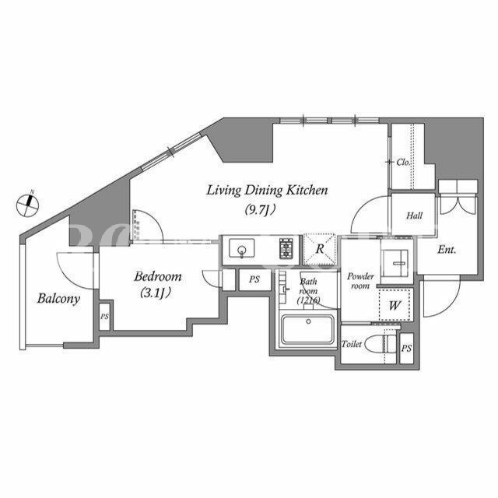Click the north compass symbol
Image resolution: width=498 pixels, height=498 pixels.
(28, 205)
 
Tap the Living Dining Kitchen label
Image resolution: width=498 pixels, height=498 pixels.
(267, 190)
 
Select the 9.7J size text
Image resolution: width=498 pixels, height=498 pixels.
(260, 209)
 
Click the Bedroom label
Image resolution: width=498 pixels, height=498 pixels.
(158, 276)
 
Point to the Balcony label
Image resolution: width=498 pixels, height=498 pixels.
(58, 299)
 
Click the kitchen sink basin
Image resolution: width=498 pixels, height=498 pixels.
(242, 248)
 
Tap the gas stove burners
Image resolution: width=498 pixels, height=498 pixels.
(286, 248)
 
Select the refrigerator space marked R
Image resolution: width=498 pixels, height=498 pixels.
(320, 249)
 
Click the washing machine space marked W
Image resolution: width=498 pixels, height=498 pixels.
(395, 305)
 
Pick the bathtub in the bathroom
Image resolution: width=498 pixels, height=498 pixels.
(307, 329)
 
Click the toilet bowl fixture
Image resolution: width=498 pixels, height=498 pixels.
(381, 344)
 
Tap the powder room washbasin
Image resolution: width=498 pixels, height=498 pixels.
(395, 263)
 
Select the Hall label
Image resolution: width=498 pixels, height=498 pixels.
(414, 216)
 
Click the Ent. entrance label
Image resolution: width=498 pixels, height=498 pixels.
(447, 250)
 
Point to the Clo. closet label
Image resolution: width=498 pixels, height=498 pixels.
(403, 163)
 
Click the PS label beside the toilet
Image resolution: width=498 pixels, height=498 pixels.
(406, 349)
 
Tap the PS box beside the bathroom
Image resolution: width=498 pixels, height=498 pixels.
(254, 279)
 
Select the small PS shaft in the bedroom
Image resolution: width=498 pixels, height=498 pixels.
(105, 317)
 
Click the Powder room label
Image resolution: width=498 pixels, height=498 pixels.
(360, 281)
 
